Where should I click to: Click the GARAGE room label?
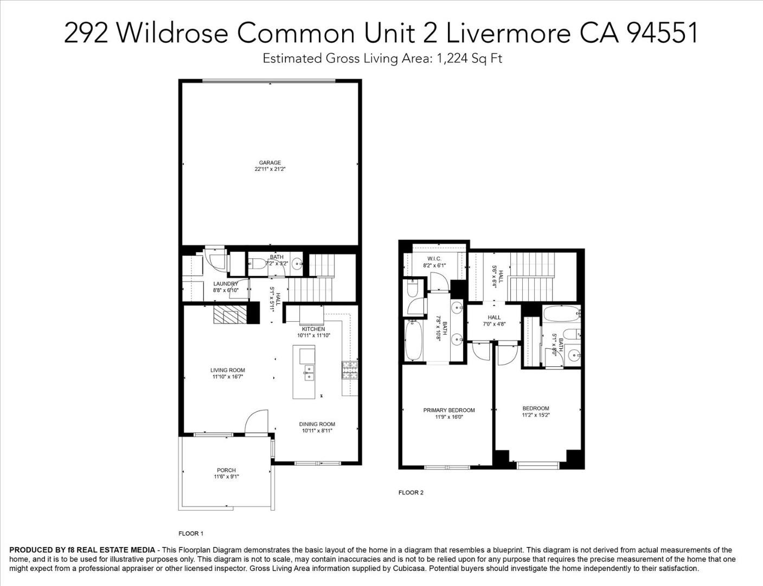click(270, 162)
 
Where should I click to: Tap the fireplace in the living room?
click(229, 315)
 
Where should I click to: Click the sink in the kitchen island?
click(308, 373)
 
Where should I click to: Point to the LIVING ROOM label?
click(228, 370)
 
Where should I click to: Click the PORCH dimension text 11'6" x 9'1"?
click(226, 477)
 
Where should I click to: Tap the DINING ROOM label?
click(317, 424)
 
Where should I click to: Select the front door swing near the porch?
click(257, 422)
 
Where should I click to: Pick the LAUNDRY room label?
click(226, 284)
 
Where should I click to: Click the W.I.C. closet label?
click(434, 259)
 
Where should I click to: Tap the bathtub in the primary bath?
click(414, 341)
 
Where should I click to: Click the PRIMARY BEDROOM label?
click(449, 410)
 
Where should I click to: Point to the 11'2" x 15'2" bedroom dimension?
click(536, 416)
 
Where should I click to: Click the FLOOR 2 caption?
click(411, 493)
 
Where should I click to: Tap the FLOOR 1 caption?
click(191, 533)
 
